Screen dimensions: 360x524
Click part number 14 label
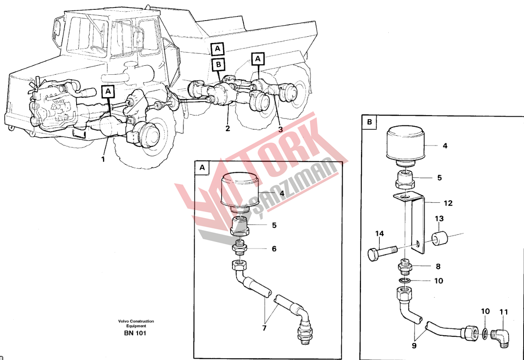380,233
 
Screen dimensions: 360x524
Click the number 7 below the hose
264,328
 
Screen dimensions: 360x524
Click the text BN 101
136,333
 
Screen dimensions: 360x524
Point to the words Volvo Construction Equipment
136,323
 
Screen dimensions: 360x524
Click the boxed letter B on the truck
219,65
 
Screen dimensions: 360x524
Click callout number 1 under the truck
103,159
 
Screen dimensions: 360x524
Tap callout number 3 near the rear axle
280,129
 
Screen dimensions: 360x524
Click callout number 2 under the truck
228,129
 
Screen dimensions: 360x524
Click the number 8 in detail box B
438,266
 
